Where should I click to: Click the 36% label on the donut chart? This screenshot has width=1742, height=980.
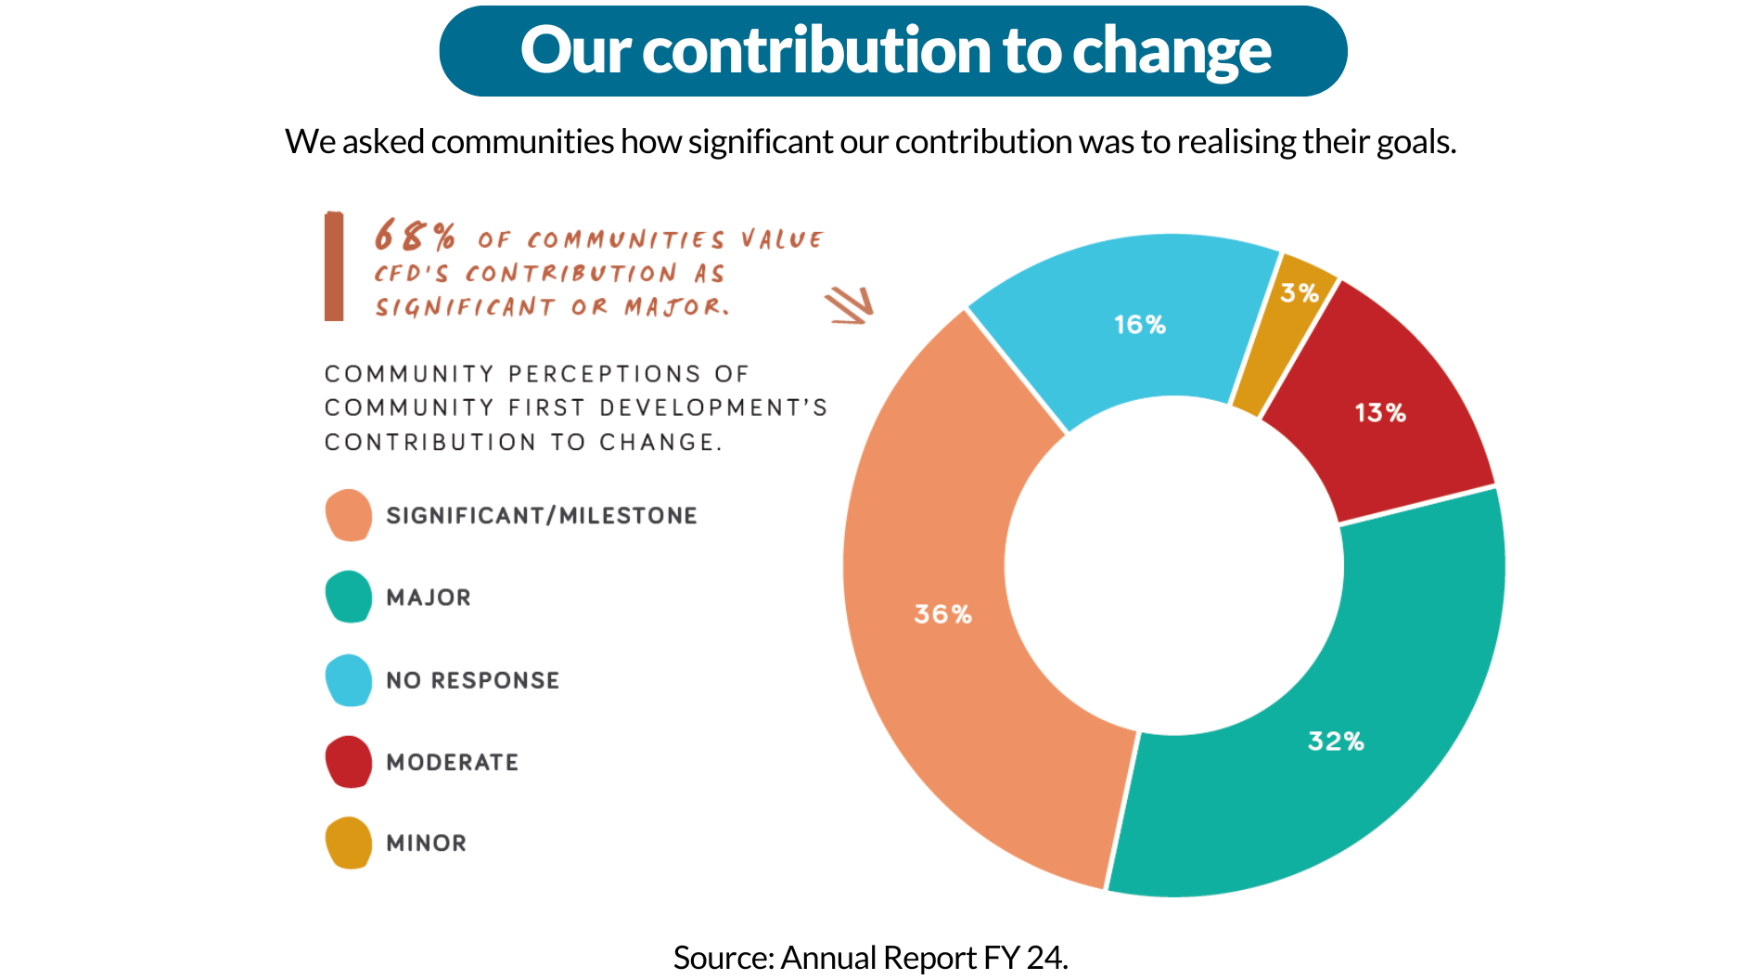tap(942, 614)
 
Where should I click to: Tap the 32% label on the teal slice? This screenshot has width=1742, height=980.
tap(1336, 741)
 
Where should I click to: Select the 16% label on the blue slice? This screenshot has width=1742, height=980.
tap(1139, 325)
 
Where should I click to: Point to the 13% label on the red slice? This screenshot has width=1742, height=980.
tap(1380, 413)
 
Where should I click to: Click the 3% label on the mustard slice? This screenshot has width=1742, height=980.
tap(1300, 293)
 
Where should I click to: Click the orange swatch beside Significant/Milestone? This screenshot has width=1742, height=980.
tap(349, 515)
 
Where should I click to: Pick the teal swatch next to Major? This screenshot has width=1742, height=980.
tap(349, 597)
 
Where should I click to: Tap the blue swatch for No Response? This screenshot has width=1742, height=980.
tap(349, 680)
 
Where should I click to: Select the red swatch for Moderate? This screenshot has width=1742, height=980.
tap(349, 762)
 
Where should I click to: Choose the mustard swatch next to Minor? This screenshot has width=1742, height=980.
tap(349, 843)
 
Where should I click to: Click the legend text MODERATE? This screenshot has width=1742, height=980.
tap(452, 763)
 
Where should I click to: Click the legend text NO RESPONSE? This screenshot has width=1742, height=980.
tap(472, 680)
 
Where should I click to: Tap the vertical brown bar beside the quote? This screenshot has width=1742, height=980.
tap(334, 266)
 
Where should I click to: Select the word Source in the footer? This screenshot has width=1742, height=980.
tap(722, 957)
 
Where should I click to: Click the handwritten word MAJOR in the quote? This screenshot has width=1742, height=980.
tap(674, 307)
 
